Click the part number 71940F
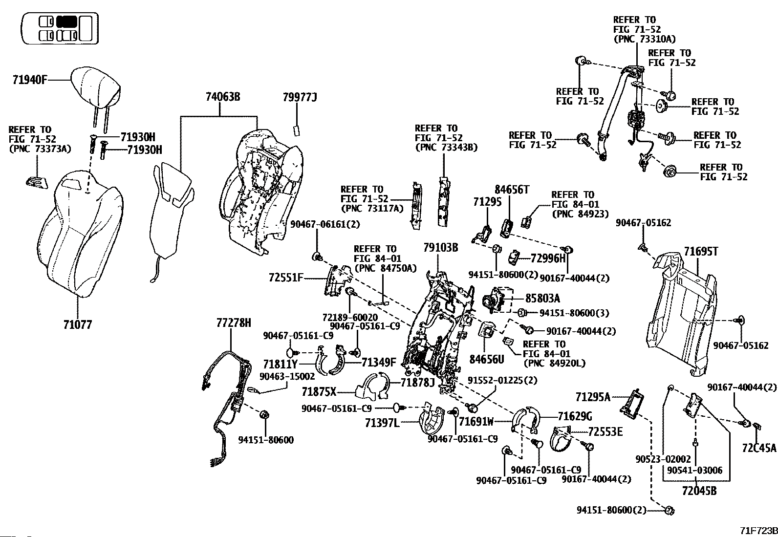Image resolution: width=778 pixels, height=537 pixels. coord(29,80)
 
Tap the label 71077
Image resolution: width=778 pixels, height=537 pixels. coord(77,324)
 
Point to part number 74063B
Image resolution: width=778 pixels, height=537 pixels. coord(222,97)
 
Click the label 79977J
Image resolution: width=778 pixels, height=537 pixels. coord(300,97)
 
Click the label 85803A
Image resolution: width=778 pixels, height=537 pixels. coord(542,298)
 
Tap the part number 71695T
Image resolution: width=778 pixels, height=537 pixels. coord(701,252)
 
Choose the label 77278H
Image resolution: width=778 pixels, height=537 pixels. coord(234,322)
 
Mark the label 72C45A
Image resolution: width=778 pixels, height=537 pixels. coord(759,447)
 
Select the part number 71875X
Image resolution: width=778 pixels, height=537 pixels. coord(319,392)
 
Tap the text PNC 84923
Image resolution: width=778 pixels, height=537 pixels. coord(580,214)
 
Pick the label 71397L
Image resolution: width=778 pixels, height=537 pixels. coord(382,422)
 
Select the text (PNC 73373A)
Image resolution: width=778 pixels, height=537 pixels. coord(40,149)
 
